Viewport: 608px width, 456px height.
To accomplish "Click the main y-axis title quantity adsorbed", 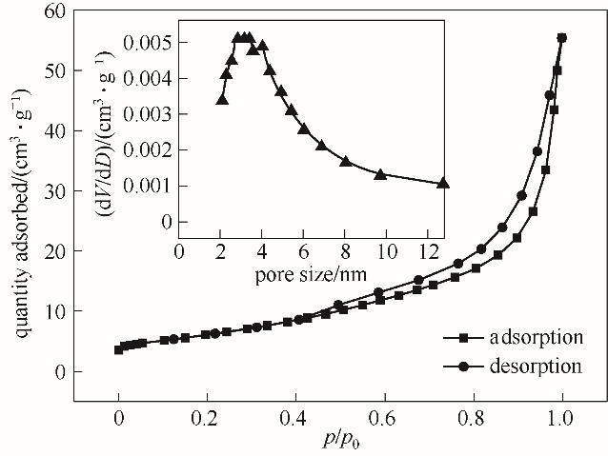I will point(20,190).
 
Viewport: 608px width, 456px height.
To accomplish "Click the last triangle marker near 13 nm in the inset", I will point(443,184).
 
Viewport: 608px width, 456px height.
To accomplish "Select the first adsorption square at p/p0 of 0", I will point(118,349).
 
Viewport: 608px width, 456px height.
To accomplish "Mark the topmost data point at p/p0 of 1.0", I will point(561,38).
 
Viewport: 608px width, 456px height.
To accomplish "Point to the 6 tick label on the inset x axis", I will point(303,253).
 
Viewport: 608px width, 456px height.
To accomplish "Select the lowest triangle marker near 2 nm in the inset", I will point(221,99).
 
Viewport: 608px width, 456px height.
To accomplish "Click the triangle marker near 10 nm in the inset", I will point(380,174).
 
